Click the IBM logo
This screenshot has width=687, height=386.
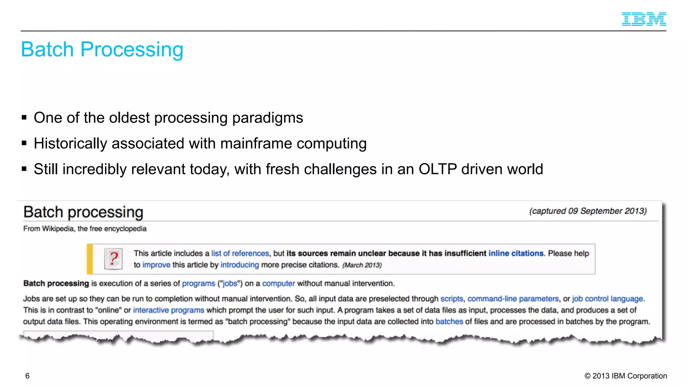pos(644,19)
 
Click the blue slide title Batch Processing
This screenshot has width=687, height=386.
pos(102,50)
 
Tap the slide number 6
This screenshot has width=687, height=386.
pos(28,376)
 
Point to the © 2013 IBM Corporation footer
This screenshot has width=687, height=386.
pos(626,376)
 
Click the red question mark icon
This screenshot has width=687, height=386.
pos(113,259)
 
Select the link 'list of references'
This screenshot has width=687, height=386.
pos(240,253)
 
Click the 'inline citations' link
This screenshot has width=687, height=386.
pos(516,253)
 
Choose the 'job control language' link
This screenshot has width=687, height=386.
pos(607,299)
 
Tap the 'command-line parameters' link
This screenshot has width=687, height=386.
pos(513,299)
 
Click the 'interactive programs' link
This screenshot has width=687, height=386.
pos(168,310)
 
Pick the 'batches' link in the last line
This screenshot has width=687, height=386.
pos(449,321)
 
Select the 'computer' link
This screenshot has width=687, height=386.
pos(278,283)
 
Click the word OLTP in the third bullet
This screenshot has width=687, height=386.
pos(437,169)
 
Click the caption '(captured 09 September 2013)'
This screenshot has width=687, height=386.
pos(588,211)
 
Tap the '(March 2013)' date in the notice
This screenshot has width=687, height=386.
pos(362,265)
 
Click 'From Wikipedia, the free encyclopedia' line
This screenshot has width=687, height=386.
pos(85,229)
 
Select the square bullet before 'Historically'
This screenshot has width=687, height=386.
pos(24,143)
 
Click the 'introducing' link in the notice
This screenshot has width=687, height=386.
pos(240,265)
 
